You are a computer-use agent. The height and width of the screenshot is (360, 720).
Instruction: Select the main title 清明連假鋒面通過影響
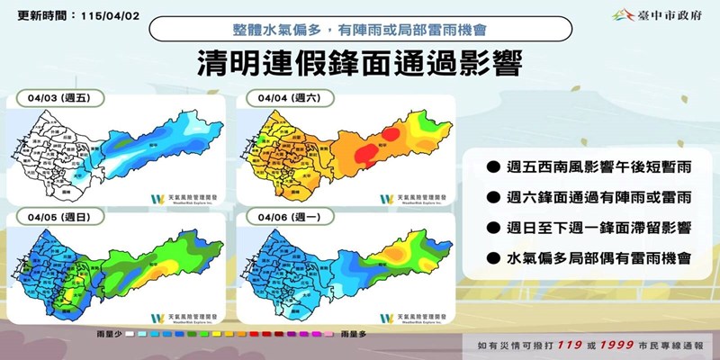[359, 65]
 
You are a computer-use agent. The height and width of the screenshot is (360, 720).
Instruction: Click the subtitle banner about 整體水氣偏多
[359, 28]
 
